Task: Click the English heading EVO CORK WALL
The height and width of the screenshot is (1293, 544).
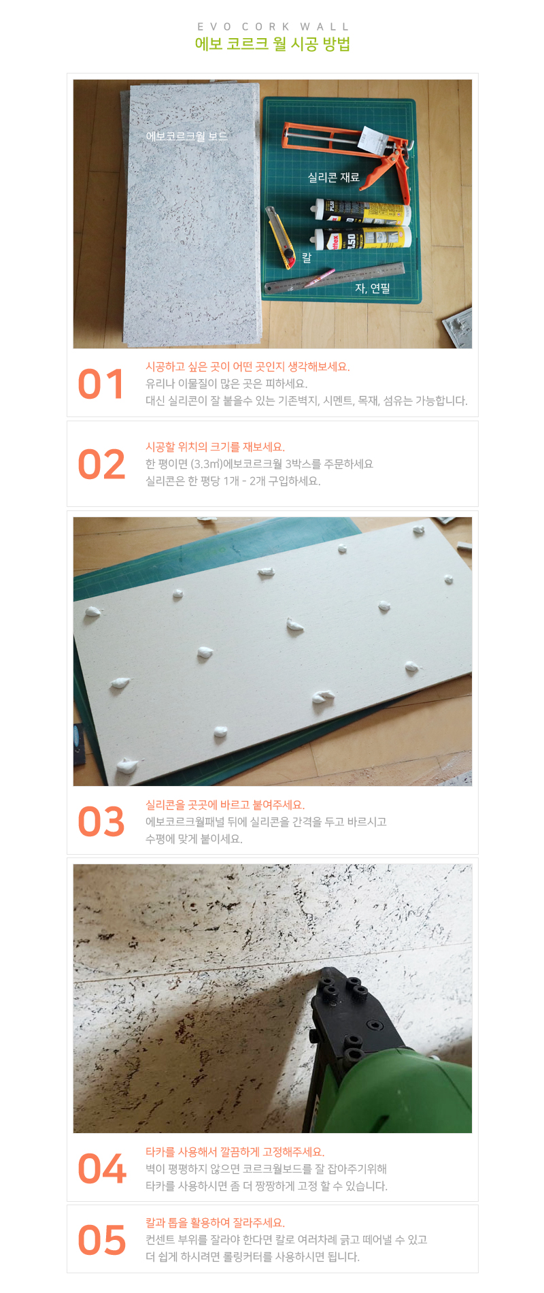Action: click(x=273, y=27)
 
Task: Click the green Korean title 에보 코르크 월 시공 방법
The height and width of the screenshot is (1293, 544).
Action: click(x=273, y=44)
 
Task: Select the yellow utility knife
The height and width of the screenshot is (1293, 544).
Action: click(x=279, y=238)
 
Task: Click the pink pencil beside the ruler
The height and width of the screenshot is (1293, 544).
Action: click(x=319, y=278)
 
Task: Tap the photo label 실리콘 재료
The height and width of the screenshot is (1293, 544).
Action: click(x=333, y=178)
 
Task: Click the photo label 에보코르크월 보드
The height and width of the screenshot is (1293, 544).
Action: click(x=187, y=136)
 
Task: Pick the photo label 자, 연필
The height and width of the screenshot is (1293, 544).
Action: click(x=373, y=289)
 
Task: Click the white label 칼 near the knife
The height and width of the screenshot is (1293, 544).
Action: click(x=307, y=257)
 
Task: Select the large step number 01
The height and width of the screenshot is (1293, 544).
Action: click(x=101, y=384)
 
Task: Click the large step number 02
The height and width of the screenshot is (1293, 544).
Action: click(x=102, y=465)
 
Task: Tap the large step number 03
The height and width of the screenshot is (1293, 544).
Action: click(x=101, y=822)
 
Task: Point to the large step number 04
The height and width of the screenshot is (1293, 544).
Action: click(x=102, y=1169)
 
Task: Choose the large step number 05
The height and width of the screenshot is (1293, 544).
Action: click(x=102, y=1240)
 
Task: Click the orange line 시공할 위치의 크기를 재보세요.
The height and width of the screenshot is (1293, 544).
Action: click(x=215, y=447)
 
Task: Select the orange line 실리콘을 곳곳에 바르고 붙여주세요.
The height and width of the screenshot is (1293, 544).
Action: click(x=225, y=805)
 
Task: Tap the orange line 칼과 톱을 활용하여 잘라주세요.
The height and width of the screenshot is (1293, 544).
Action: click(x=215, y=1223)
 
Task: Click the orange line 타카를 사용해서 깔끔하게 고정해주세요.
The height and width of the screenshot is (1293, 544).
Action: click(x=235, y=1152)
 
